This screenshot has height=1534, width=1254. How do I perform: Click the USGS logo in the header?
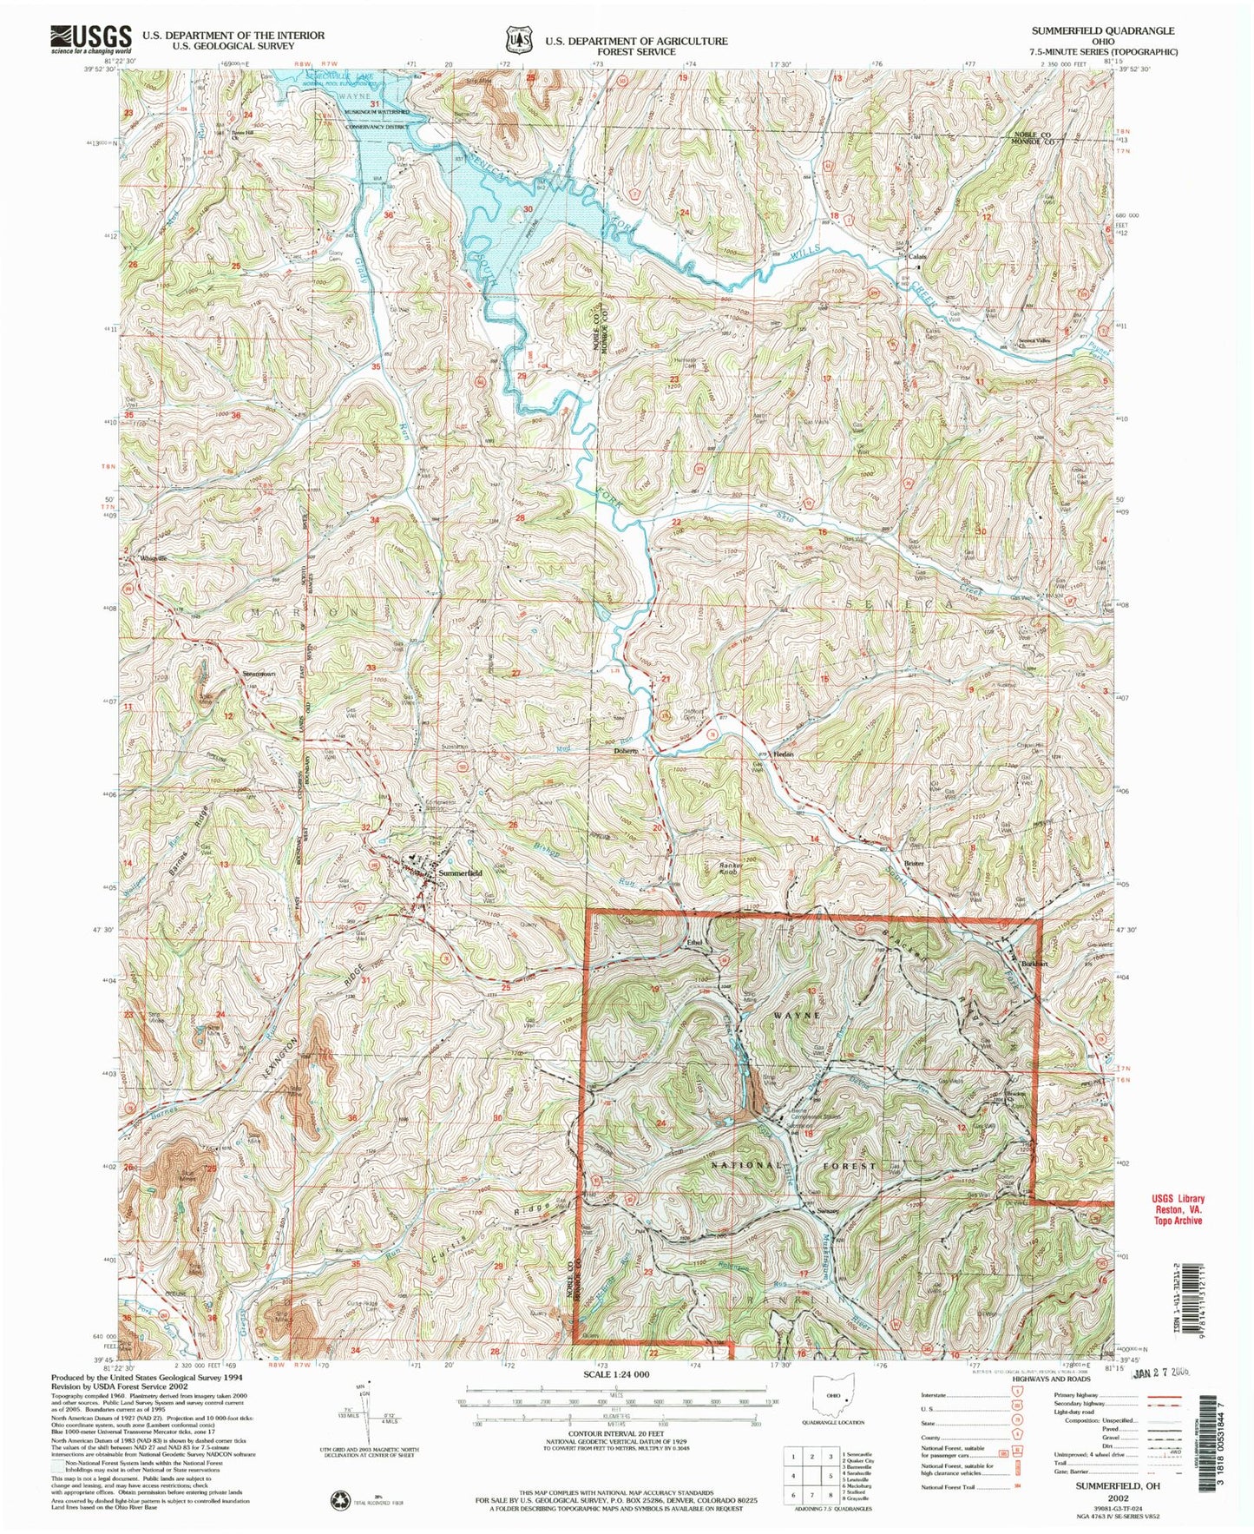(90, 39)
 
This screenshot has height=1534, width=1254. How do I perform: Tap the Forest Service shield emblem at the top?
(517, 39)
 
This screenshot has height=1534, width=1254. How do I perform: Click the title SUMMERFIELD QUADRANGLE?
(1102, 30)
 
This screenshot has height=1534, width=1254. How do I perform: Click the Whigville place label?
(154, 558)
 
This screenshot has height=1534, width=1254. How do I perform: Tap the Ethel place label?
(693, 942)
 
